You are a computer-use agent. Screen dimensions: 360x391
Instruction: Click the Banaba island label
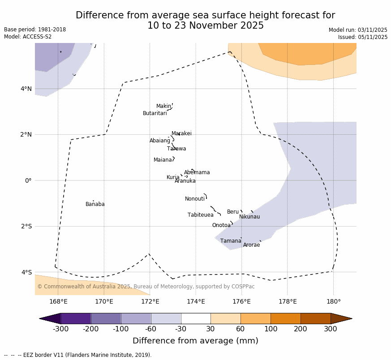coord(95,204)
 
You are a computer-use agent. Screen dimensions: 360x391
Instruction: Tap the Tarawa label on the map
coord(176,149)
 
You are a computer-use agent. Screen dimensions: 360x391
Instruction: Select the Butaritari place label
coord(155,113)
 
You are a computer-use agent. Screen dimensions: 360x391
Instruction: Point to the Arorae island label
coord(251,245)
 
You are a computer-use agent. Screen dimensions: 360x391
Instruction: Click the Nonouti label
coord(195,199)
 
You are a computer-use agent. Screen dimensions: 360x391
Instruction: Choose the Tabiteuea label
coord(200,215)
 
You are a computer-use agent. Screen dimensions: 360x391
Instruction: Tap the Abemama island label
coord(197,172)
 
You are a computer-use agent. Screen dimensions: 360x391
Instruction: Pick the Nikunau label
coord(249,217)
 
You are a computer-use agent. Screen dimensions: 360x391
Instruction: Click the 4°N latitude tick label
coord(26,89)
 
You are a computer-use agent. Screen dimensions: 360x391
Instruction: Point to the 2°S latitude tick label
coord(26,226)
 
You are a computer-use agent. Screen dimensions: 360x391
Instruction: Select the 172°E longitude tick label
coord(150,301)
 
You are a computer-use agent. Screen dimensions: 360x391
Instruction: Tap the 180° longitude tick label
coord(333,301)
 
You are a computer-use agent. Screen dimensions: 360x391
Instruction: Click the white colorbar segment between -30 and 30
coord(196,318)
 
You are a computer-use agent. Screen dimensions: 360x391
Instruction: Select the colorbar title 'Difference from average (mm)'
coord(195,341)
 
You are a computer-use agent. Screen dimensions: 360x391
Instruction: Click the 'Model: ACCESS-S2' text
coord(28,37)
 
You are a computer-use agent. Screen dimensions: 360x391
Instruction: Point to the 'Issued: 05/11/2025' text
coord(363,37)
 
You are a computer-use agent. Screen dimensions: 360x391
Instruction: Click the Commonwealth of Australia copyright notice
coord(146,287)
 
